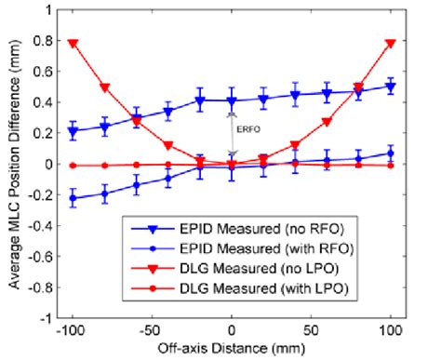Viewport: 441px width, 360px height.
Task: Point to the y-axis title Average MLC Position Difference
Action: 12,165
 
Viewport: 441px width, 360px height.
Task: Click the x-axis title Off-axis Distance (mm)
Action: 232,348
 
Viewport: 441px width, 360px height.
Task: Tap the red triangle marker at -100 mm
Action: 73,43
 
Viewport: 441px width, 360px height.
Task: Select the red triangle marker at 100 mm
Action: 390,43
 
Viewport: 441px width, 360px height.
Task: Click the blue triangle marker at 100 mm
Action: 390,87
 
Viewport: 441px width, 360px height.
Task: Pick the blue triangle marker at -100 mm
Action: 73,131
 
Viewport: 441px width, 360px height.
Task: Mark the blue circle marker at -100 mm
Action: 73,198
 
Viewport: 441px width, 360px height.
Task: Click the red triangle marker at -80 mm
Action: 104,87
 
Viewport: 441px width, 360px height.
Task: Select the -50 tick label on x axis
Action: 152,330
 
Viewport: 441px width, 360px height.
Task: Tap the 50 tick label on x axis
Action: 311,330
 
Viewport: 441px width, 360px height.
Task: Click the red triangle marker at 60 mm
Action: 327,122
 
